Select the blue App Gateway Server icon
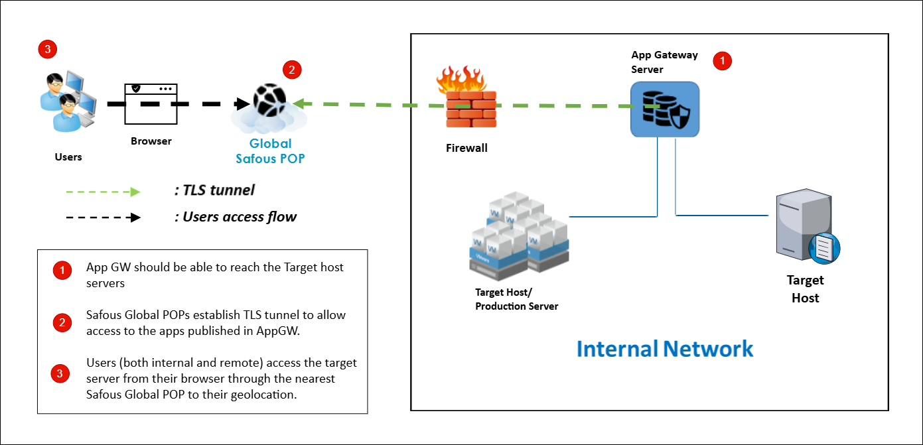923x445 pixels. tap(664, 109)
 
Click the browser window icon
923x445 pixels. tap(151, 103)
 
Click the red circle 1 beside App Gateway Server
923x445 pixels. tap(722, 61)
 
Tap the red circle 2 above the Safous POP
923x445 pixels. tap(292, 69)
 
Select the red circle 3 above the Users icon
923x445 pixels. tap(47, 48)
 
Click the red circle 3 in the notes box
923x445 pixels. tap(60, 373)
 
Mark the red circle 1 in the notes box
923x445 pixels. tap(62, 271)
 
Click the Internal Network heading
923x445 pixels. tap(665, 349)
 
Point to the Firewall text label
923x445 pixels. tap(466, 148)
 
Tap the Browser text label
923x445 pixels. tap(151, 141)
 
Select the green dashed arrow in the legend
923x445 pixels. tap(103, 192)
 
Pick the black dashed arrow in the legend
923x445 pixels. tap(103, 217)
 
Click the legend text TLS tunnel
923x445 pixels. tap(214, 191)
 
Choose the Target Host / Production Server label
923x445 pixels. tap(517, 299)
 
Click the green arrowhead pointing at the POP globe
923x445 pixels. tap(298, 104)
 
